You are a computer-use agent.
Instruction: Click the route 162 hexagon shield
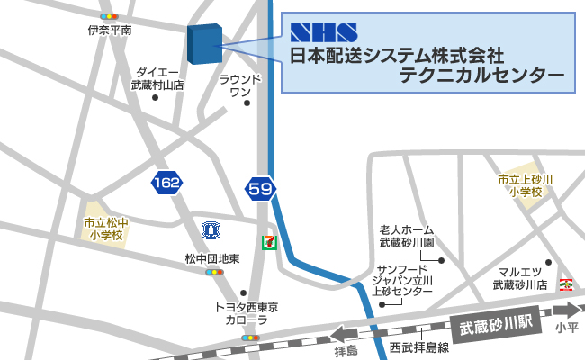point(166,184)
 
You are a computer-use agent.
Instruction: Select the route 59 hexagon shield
point(260,189)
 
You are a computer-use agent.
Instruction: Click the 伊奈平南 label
point(110,30)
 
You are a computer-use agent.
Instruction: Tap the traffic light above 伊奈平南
point(110,16)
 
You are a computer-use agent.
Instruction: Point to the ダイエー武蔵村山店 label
point(157,78)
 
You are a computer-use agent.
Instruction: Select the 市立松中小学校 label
point(105,229)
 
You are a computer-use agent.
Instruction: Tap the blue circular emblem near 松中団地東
point(211,228)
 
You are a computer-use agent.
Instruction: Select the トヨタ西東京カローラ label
point(246,313)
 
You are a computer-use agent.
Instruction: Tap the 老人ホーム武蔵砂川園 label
point(406,237)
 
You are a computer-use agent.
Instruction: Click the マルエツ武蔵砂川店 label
point(519,278)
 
